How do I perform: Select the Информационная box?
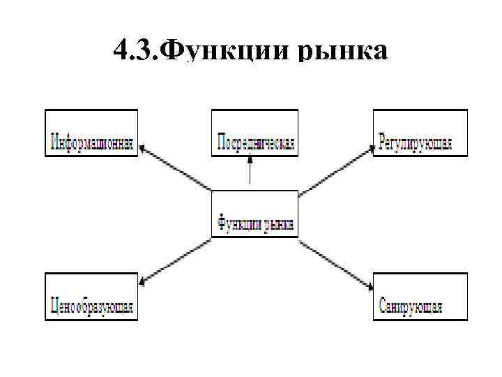tap(91, 133)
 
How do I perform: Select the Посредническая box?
tap(255, 133)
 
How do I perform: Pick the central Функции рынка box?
tap(255, 214)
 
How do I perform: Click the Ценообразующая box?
tap(91, 296)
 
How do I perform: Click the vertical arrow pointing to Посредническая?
tap(250, 171)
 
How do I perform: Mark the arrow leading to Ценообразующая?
tap(174, 262)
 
